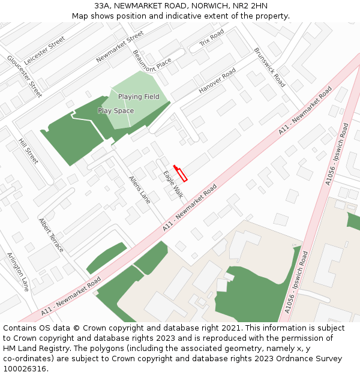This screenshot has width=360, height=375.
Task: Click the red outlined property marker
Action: tap(181, 173)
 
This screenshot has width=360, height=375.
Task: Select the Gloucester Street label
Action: tap(25, 77)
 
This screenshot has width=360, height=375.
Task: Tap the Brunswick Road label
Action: tap(269, 67)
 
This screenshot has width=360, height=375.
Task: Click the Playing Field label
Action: tap(139, 97)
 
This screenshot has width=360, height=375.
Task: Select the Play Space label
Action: tap(116, 111)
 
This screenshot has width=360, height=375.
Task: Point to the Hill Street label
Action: tap(28, 151)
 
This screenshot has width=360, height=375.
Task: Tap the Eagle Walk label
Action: tap(173, 184)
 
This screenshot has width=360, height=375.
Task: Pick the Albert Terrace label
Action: tap(50, 234)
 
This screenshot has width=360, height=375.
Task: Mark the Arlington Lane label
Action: tap(18, 271)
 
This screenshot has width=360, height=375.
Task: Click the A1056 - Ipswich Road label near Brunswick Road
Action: tap(337, 154)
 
